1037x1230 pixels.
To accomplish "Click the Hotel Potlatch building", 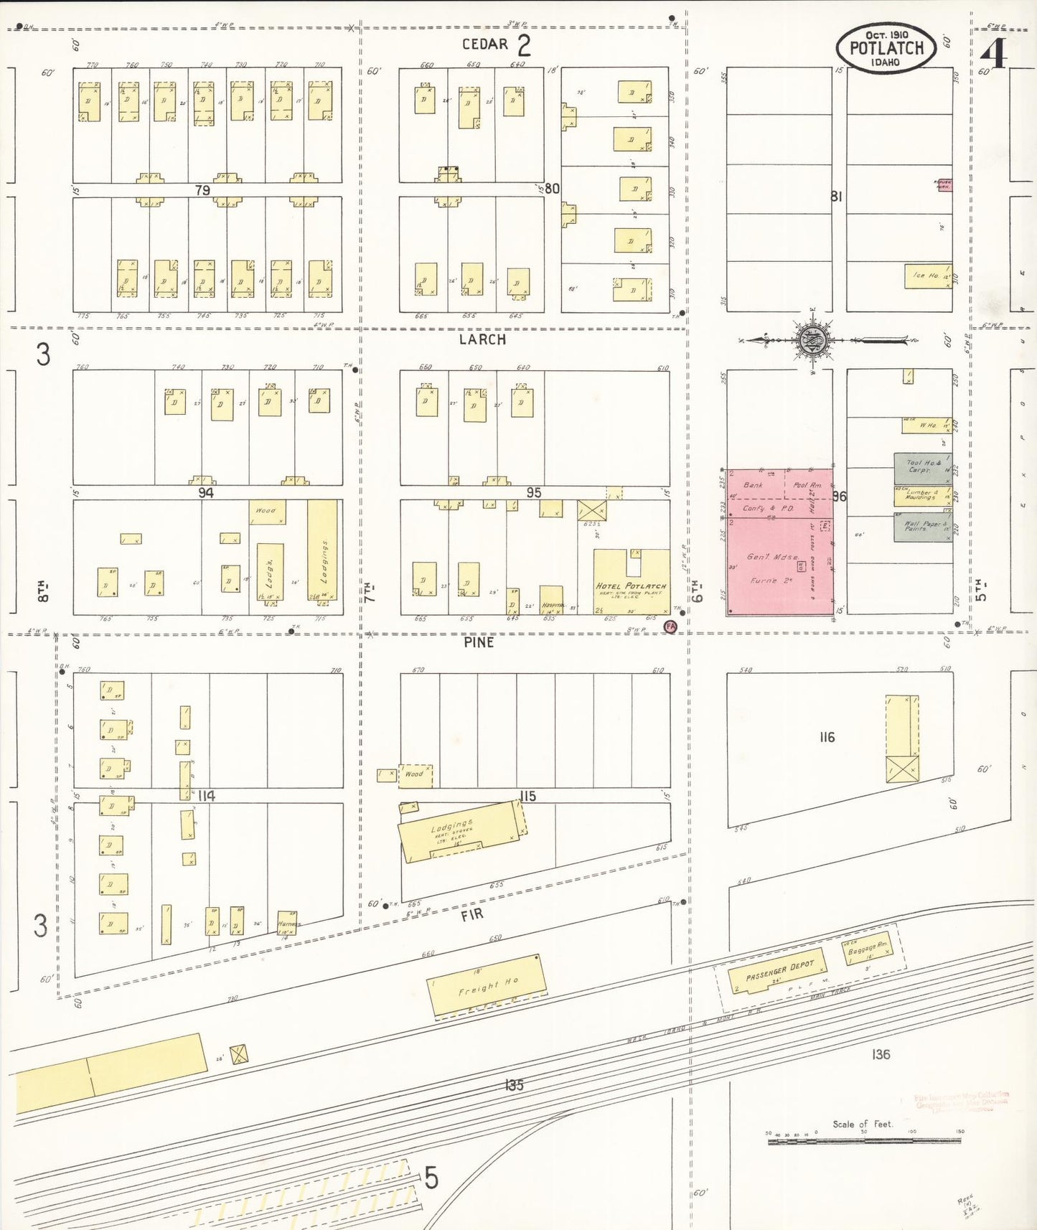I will [x=631, y=582].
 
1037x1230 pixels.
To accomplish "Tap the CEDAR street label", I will [x=484, y=44].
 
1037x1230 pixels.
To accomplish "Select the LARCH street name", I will [x=482, y=339].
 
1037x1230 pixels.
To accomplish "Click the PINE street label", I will [x=479, y=642].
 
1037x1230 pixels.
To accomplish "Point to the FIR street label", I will [x=471, y=914].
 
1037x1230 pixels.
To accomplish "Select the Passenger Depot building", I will [x=777, y=972].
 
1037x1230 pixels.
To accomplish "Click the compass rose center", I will [x=814, y=339].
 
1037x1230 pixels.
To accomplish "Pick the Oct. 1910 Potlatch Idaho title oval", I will [x=886, y=48].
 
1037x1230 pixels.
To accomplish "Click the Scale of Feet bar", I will [x=864, y=1141].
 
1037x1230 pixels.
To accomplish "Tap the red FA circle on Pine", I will [x=670, y=626].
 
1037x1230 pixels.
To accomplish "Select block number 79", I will [x=202, y=190].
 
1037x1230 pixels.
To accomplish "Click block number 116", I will [x=827, y=737].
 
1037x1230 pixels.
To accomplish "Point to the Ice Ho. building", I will [x=927, y=276].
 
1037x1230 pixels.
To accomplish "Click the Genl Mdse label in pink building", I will [x=771, y=557].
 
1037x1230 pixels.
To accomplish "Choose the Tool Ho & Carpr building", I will [x=922, y=467].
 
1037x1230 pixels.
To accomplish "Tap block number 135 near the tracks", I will [x=514, y=1084].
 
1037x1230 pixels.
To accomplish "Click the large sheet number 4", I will [x=993, y=53].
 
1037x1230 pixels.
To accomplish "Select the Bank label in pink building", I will [x=753, y=485].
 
